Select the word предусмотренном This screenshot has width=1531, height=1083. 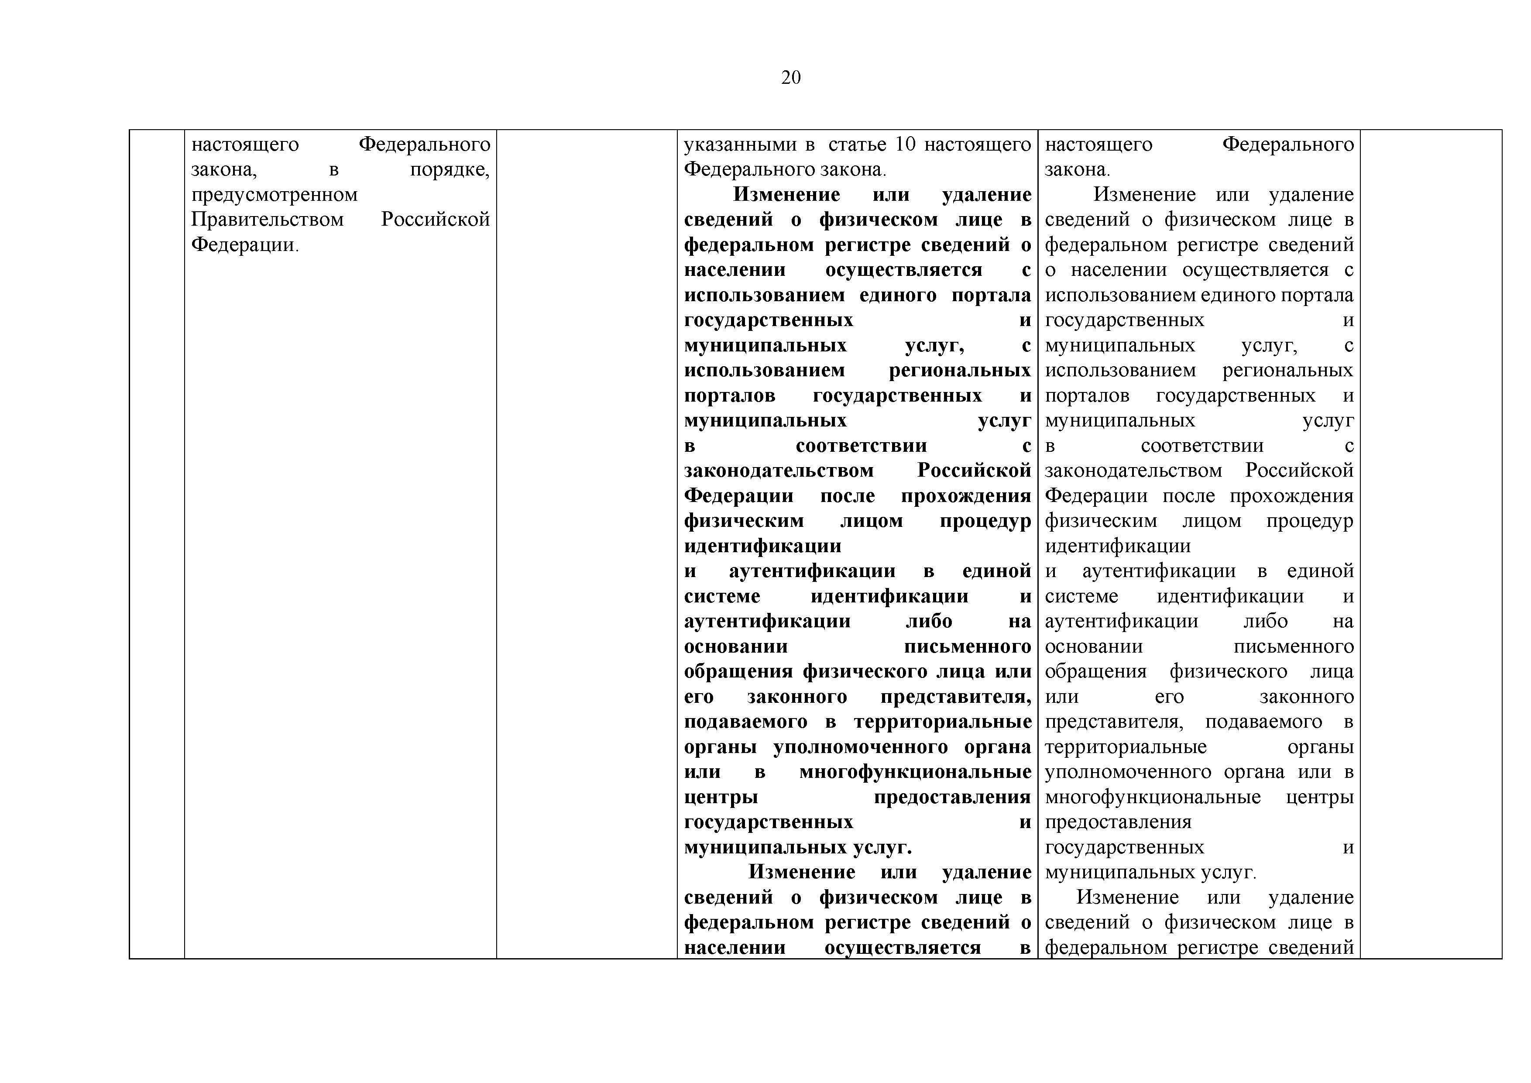click(x=274, y=195)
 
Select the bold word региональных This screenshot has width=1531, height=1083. click(x=960, y=371)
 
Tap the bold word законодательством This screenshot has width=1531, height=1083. click(x=778, y=471)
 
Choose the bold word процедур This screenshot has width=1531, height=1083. click(x=985, y=521)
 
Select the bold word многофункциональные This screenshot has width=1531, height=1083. click(x=915, y=772)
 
